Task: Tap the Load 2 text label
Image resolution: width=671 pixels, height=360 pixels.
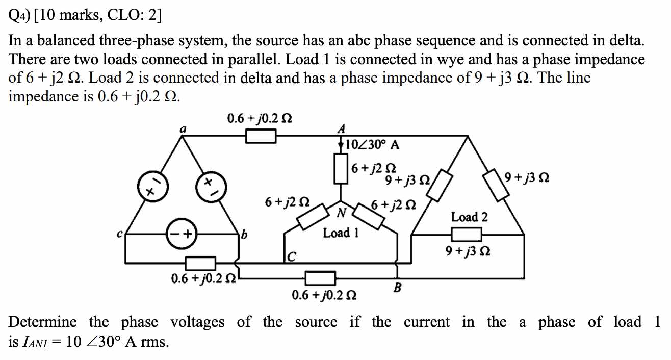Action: tap(469, 217)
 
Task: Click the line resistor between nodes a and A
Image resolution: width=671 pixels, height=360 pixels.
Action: tap(261, 136)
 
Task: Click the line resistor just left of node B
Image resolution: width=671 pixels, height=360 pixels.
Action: tap(320, 278)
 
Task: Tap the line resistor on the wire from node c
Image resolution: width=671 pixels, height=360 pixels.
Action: tap(200, 264)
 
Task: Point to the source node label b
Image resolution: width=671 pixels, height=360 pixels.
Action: tap(244, 236)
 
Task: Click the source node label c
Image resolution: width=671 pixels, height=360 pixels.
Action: tap(120, 235)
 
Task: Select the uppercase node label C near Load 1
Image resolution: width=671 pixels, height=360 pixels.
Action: tap(291, 255)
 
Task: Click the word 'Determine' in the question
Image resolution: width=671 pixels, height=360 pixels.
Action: tap(43, 322)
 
